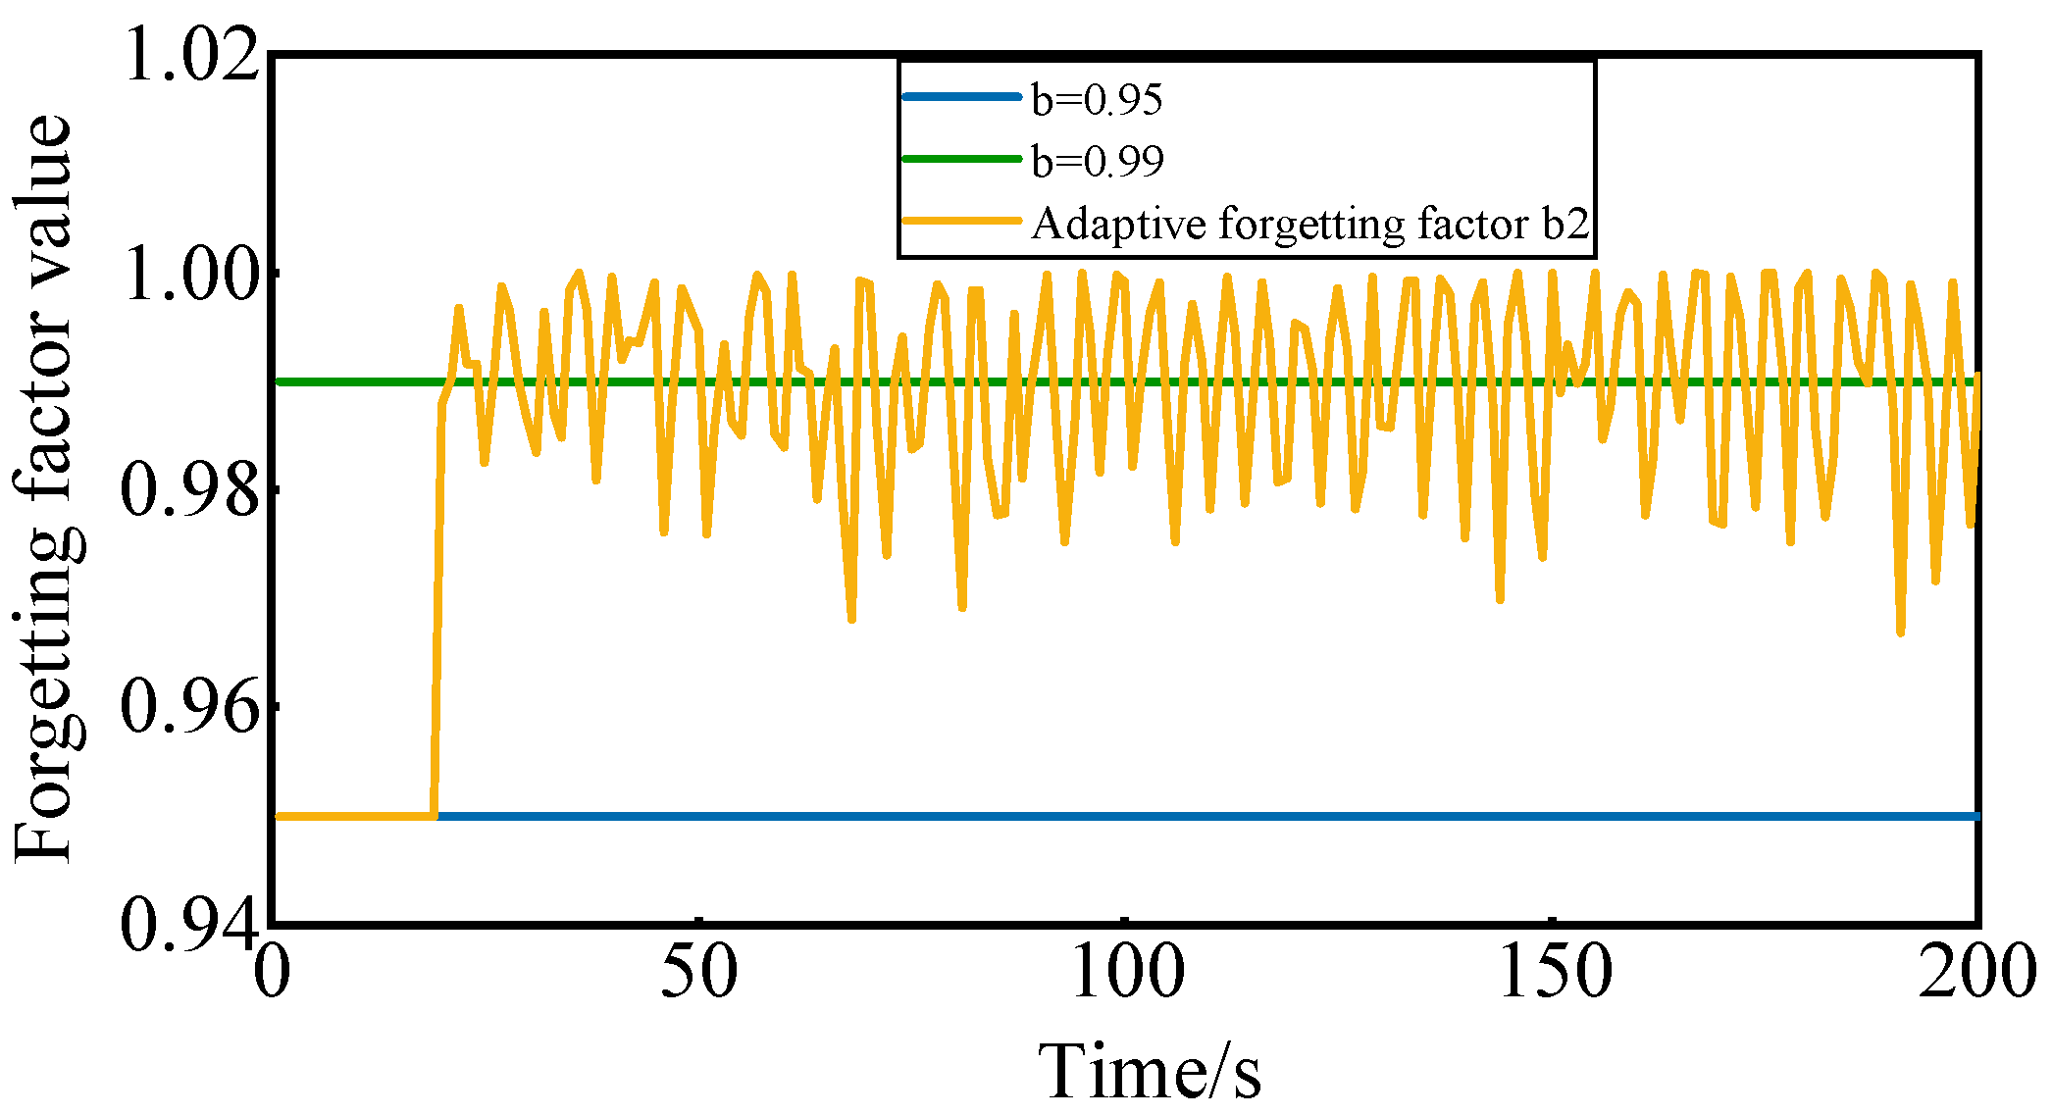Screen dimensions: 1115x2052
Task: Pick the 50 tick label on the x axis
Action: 698,973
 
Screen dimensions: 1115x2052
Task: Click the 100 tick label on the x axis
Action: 1126,973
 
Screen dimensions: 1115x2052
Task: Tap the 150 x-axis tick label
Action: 1555,973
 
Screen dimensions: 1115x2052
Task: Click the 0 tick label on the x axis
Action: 273,973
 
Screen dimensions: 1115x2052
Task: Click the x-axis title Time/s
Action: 1150,1071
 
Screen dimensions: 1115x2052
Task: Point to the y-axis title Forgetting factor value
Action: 44,488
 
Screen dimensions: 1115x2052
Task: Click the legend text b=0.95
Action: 1097,100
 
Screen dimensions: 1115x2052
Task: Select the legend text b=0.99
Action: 1097,162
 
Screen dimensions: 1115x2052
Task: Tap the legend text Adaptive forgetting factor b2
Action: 1309,224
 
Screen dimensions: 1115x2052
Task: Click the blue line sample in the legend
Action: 961,97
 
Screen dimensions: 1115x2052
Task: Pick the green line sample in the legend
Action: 961,159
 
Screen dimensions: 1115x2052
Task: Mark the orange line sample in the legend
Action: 961,221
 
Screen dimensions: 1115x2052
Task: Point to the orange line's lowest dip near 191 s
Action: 1900,632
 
